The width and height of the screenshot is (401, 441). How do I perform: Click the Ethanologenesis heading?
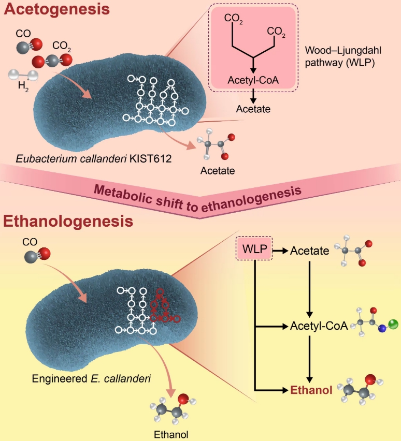pos(69,222)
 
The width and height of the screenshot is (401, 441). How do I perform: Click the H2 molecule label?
pos(23,87)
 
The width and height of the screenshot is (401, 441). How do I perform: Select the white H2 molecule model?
pos(24,76)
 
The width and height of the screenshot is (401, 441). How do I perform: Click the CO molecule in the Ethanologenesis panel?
pos(37,253)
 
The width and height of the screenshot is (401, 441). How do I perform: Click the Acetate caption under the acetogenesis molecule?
pos(218,170)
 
